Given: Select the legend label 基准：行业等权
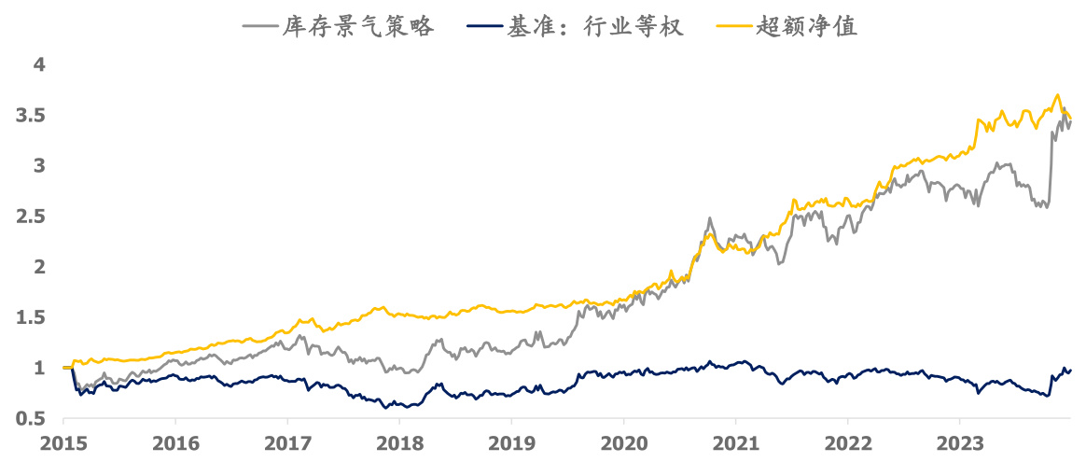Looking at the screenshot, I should (x=596, y=27).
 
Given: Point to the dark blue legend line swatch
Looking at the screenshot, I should (x=483, y=27).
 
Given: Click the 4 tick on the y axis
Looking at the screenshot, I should (x=39, y=65).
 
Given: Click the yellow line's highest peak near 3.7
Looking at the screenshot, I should (x=1057, y=94).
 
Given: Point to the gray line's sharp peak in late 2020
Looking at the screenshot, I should (x=710, y=218).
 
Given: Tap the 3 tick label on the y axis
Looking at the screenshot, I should (x=39, y=166).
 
